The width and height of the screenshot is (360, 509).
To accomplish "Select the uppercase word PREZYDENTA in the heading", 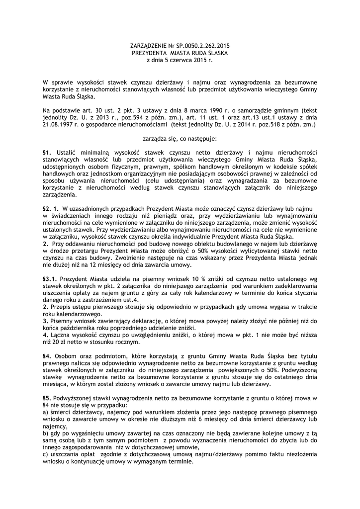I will [x=149, y=53].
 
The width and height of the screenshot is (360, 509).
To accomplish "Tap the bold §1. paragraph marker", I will [x=48, y=152].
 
